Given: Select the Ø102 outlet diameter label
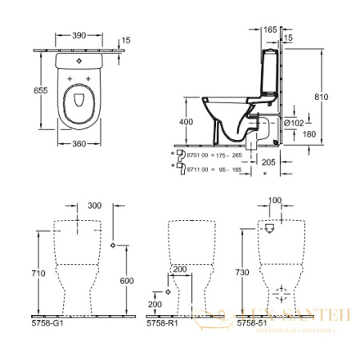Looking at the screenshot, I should tap(294, 122).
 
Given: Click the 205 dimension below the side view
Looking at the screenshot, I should tap(269, 161).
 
